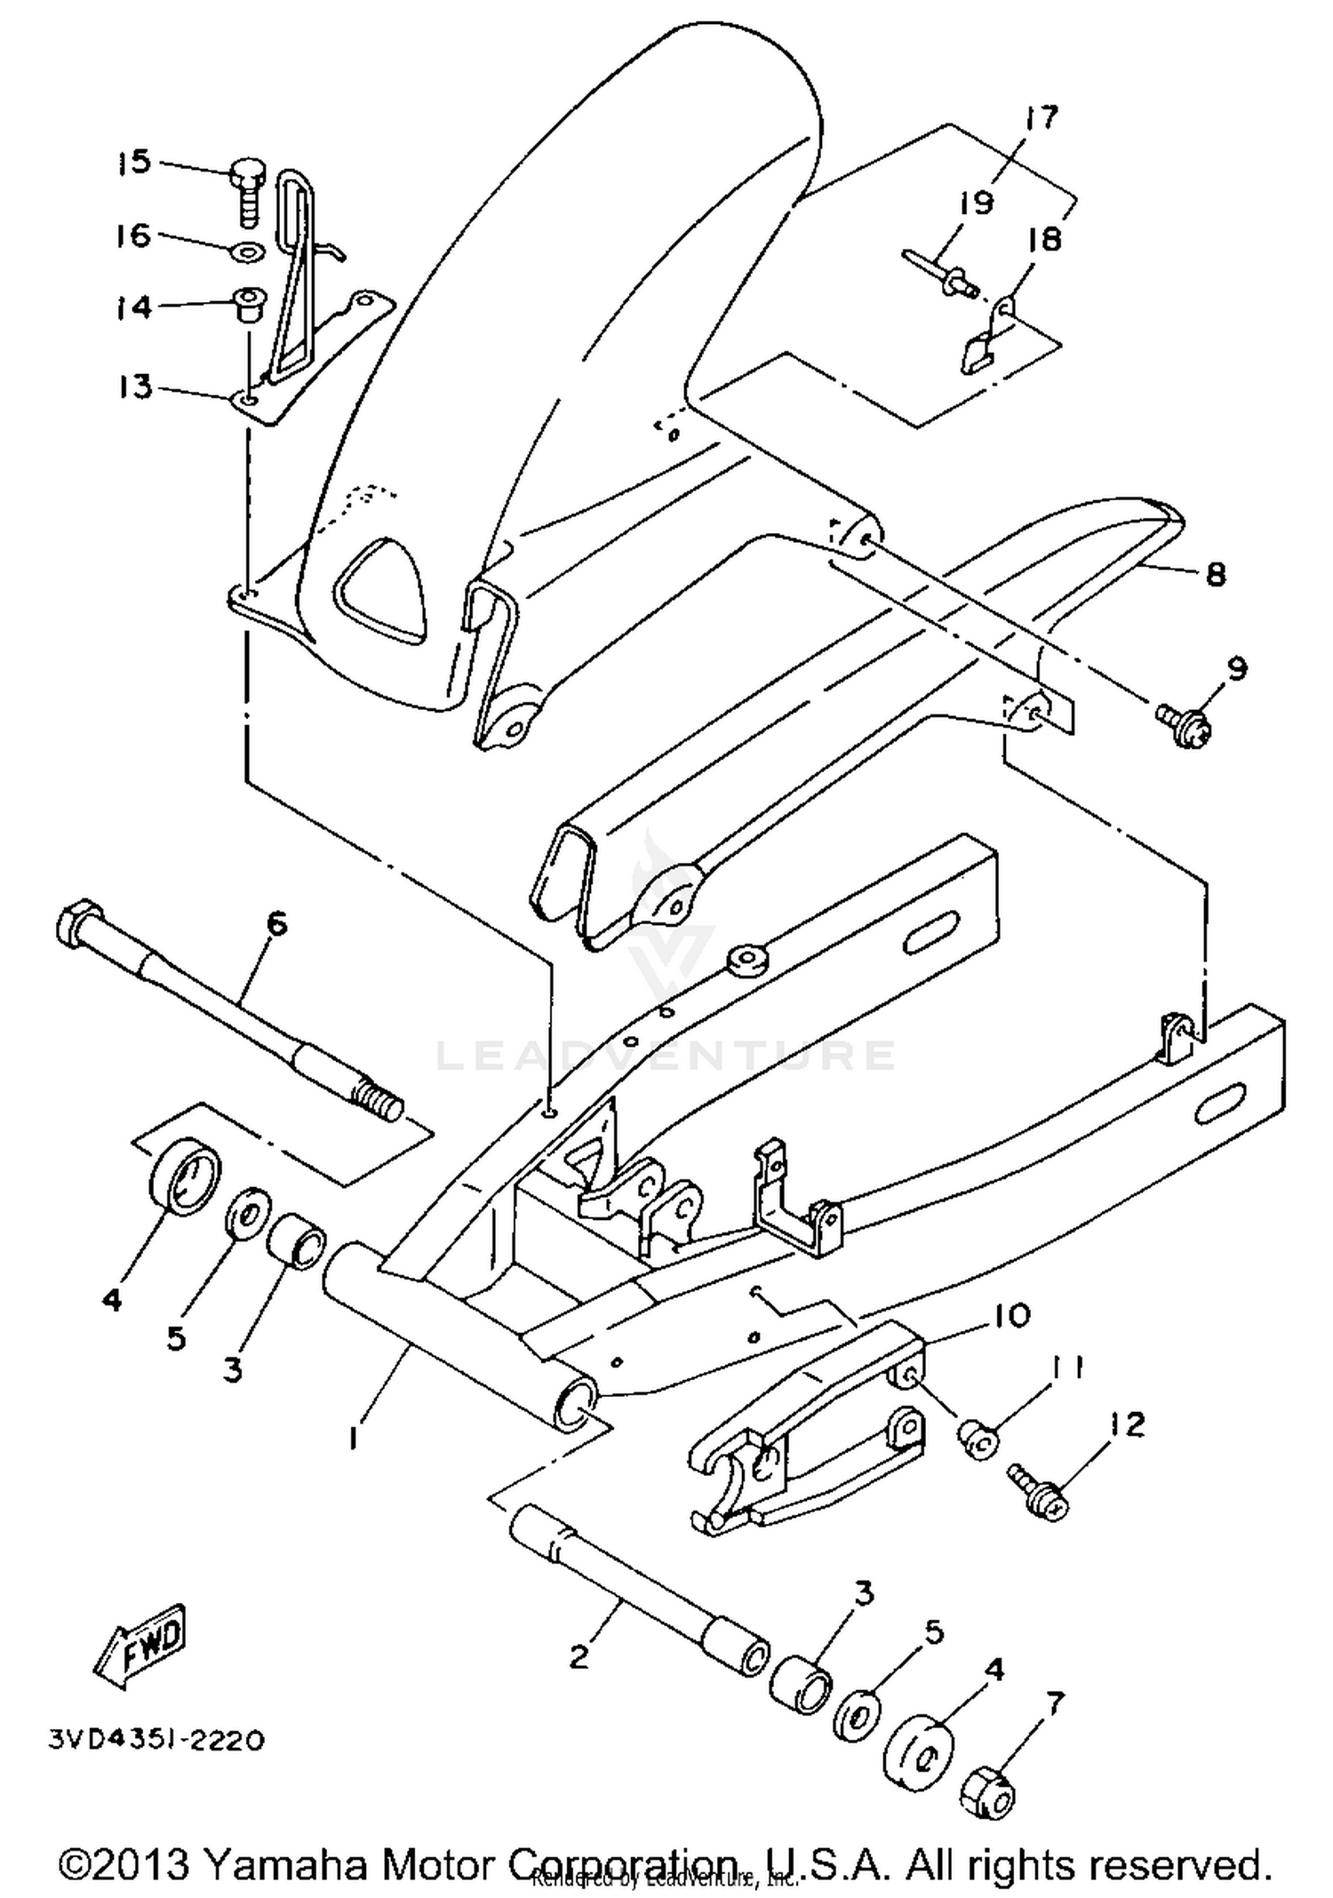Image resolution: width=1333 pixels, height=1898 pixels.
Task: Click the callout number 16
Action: (x=134, y=236)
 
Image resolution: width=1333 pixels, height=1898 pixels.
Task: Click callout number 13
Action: (x=135, y=387)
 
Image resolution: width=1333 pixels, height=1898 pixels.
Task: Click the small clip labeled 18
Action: (x=989, y=339)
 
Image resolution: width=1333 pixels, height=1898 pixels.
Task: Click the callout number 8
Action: (x=1214, y=574)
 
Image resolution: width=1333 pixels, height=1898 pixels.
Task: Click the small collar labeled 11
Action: (x=977, y=1439)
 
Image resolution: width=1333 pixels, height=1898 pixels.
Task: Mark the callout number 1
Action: (x=354, y=1438)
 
